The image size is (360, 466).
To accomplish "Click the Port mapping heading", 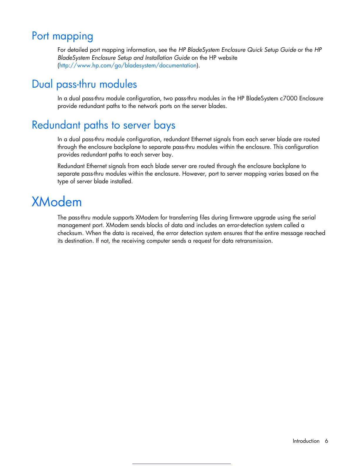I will (x=62, y=36).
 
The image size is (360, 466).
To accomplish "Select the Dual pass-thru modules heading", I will (x=84, y=84).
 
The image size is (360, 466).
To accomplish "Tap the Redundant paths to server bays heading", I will (x=104, y=125).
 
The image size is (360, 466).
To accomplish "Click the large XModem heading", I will (x=57, y=202).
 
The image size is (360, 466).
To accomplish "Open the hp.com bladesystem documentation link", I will (x=128, y=66).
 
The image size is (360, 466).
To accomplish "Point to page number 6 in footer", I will (x=326, y=441).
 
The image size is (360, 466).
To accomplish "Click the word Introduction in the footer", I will (x=306, y=441).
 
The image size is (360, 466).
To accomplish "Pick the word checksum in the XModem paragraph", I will (x=70, y=233).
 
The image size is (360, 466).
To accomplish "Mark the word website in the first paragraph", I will (x=228, y=58).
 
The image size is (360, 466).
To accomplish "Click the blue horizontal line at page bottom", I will (x=181, y=464).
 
